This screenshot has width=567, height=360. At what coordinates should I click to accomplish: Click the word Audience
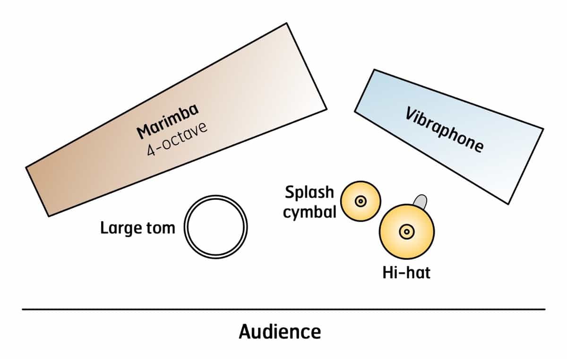[280, 332]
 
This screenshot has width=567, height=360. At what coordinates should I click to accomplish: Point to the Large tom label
[137, 229]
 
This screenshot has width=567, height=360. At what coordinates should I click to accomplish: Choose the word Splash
[309, 193]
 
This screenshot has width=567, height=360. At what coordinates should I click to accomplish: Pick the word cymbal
[309, 213]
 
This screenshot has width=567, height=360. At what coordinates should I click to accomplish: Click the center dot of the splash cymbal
[361, 202]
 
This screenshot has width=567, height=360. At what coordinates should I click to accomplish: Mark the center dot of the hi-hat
[406, 231]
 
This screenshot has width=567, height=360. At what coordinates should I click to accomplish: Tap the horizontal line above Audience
[283, 309]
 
